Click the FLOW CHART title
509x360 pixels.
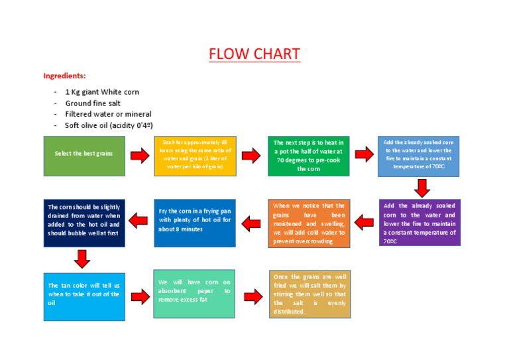254,54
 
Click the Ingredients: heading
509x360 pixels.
64,76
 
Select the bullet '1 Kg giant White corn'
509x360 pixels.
102,92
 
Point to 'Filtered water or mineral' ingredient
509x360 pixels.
108,114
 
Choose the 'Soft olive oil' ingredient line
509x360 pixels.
109,125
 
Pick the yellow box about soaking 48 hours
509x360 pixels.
194,156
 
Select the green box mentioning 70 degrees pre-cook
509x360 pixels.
308,156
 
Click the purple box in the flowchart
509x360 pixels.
420,223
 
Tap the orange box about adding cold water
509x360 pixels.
309,223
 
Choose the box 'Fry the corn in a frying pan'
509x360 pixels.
194,223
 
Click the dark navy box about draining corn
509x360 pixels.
84,223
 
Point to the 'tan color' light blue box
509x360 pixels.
84,296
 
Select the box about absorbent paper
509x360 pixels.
194,294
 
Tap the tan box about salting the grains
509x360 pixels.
310,294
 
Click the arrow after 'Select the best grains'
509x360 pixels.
139,156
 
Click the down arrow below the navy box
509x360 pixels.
82,259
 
